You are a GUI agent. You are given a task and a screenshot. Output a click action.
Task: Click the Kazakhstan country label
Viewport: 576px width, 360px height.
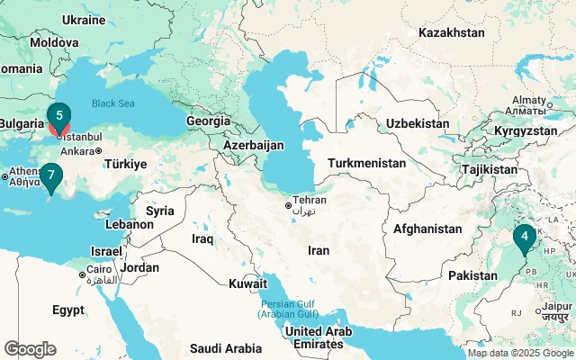[x=451, y=32]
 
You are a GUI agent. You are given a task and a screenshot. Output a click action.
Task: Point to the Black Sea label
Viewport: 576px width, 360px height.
[x=112, y=103]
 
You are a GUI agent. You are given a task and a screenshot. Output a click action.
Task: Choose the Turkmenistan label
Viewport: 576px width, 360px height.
[x=367, y=163]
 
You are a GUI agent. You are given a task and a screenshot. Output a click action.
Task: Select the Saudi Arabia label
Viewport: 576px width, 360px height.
[x=225, y=347]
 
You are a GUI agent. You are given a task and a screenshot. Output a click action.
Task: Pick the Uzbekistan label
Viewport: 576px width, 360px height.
[x=417, y=123]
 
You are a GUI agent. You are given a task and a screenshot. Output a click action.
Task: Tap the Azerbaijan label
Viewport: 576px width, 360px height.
[x=254, y=144]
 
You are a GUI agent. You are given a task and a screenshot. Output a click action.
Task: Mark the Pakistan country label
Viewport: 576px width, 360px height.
[x=472, y=274]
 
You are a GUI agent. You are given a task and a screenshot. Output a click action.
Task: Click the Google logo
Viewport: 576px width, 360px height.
[x=30, y=348]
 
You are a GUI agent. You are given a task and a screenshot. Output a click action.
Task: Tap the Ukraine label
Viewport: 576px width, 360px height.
[x=85, y=19]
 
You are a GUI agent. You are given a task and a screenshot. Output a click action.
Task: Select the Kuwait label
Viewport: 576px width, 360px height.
[x=247, y=283]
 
